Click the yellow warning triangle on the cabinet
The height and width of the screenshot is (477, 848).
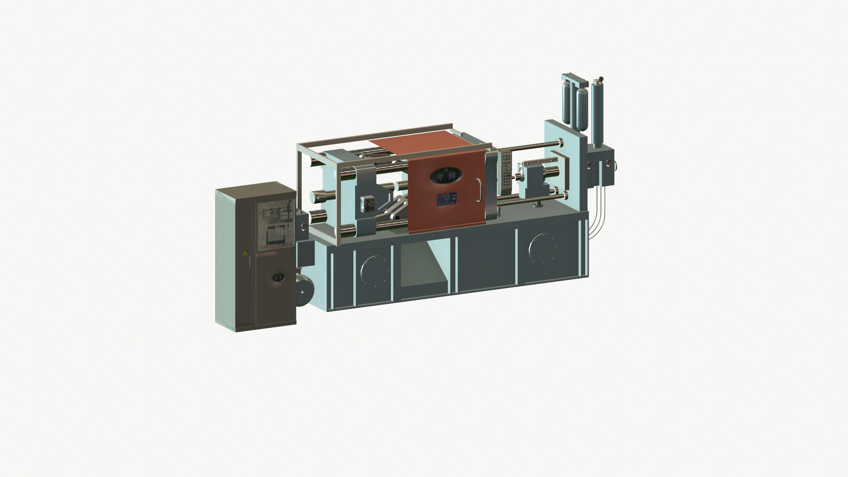pyautogui.click(x=245, y=253)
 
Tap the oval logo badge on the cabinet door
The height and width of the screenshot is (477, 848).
pyautogui.click(x=278, y=277)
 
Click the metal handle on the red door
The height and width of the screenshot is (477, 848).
pyautogui.click(x=479, y=190)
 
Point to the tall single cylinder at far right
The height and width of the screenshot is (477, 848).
pyautogui.click(x=598, y=113)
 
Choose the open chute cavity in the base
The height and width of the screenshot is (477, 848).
pyautogui.click(x=424, y=265)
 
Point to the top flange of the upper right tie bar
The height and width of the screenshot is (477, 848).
pyautogui.click(x=560, y=144)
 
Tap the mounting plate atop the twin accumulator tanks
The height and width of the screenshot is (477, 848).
pyautogui.click(x=574, y=80)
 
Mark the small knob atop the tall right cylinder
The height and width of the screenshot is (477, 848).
pyautogui.click(x=600, y=80)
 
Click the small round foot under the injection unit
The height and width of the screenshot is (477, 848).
pyautogui.click(x=538, y=204)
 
